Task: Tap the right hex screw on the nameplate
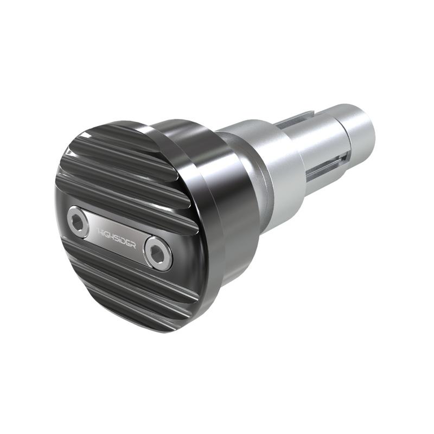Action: pyautogui.click(x=158, y=252)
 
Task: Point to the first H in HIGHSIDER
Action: pyautogui.click(x=100, y=230)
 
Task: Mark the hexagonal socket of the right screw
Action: pyautogui.click(x=158, y=252)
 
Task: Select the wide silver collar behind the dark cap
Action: pyautogui.click(x=271, y=163)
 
